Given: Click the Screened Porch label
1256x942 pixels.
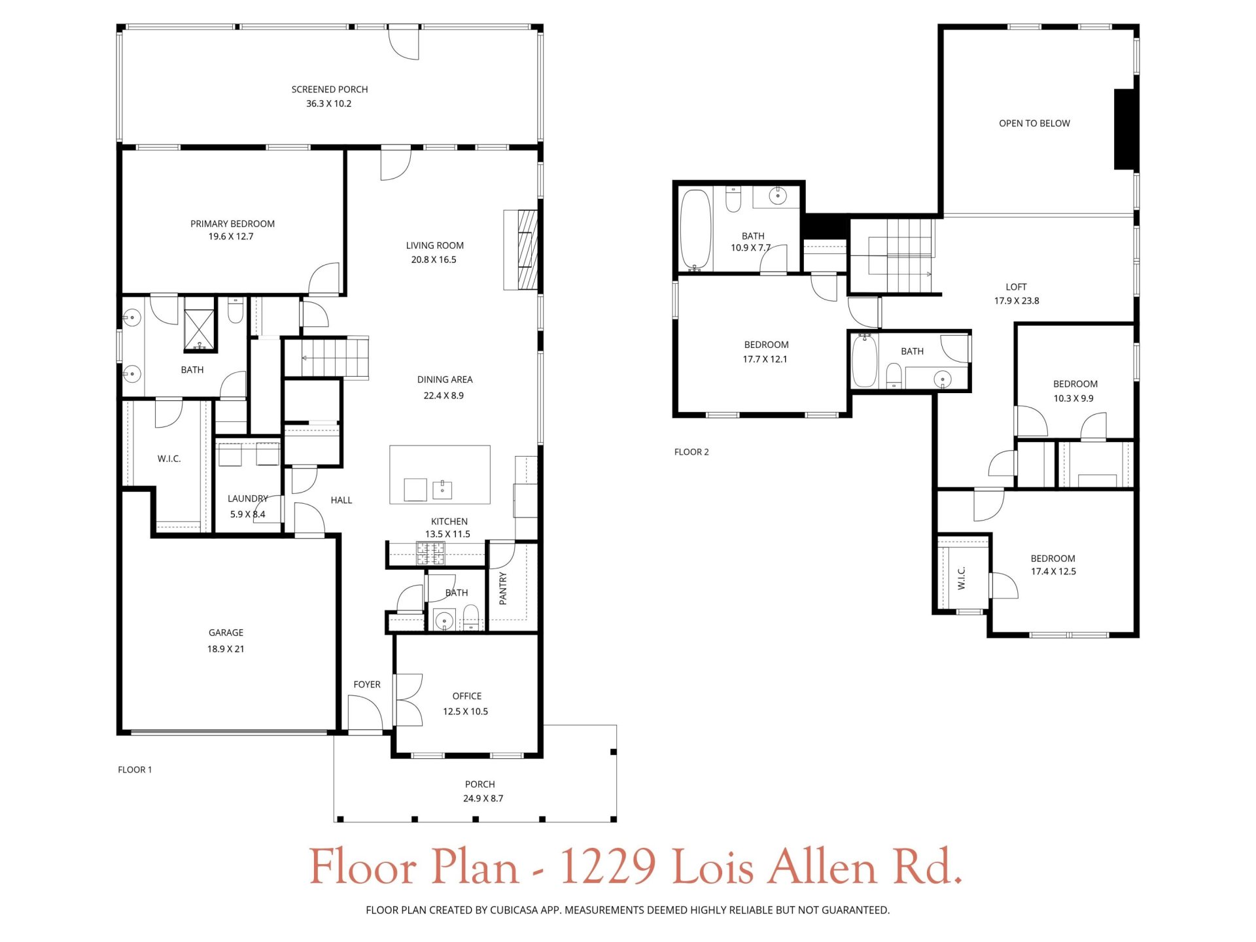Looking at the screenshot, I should tap(329, 90).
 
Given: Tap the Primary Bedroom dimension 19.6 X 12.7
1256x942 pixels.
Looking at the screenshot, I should tap(231, 237).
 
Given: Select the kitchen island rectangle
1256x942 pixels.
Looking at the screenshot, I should tap(440, 474).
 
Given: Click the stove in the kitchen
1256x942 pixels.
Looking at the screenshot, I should tap(431, 554).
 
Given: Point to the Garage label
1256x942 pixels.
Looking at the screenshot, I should tap(226, 633).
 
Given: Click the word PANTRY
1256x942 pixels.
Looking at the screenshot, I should tap(503, 588).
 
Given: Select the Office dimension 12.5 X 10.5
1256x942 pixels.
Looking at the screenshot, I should tap(465, 712).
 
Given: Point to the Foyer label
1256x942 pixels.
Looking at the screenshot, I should tap(366, 684).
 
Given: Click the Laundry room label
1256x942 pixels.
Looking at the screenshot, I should tap(247, 498).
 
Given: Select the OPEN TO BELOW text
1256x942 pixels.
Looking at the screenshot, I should tap(1034, 124).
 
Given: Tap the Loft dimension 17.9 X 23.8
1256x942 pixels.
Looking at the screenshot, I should tap(1017, 301).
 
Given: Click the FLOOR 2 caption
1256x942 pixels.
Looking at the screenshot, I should tap(691, 452).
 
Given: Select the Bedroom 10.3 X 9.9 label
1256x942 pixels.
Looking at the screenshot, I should tap(1075, 384).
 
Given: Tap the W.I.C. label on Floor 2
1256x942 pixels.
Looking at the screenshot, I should tap(962, 578).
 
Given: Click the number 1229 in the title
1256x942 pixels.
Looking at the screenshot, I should tap(608, 867).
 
